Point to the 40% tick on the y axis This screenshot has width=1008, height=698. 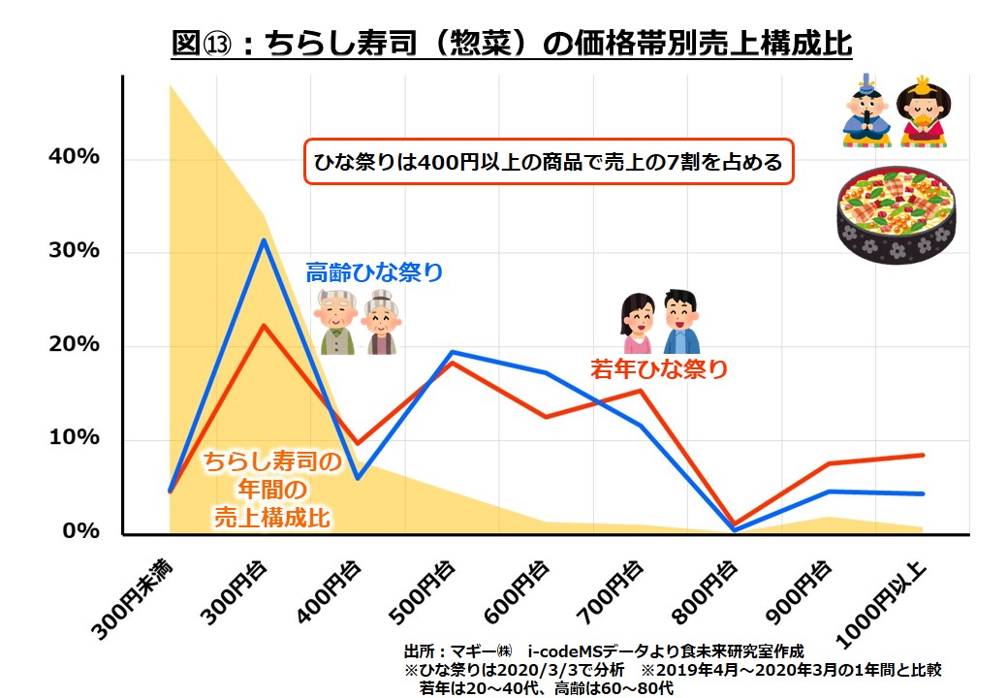75,158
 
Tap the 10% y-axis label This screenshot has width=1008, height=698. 75,438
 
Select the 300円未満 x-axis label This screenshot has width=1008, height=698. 134,600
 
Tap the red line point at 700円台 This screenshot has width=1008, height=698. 641,391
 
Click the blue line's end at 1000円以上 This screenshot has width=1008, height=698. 922,493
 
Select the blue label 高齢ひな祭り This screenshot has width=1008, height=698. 374,272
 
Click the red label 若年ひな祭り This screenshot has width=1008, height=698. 659,368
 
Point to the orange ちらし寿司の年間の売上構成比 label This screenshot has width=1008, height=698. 271,490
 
